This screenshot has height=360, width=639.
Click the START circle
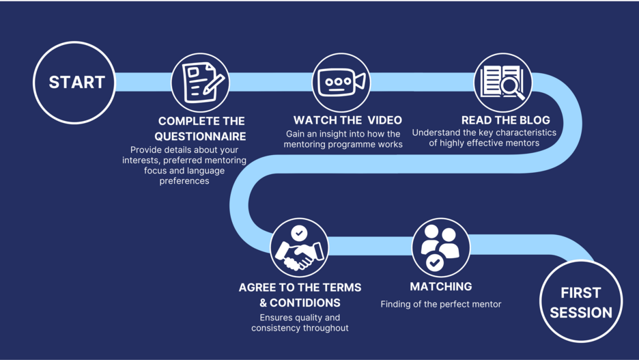point(75,83)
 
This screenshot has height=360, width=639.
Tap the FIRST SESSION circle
point(581,302)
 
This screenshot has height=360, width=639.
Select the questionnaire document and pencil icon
point(201,83)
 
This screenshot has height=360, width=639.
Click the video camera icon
point(341,83)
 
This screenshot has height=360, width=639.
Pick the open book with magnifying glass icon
point(502,83)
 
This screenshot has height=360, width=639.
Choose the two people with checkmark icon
point(440,247)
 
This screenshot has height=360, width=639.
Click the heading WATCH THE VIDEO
point(347,120)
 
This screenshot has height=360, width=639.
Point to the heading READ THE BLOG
point(505,120)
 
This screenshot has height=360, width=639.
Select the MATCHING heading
point(440,287)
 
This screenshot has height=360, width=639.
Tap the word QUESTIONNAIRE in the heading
point(200,137)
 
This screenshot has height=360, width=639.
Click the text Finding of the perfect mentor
point(440,304)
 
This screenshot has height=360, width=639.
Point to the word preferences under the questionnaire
point(184,181)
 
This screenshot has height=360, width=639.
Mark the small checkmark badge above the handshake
point(299,233)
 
